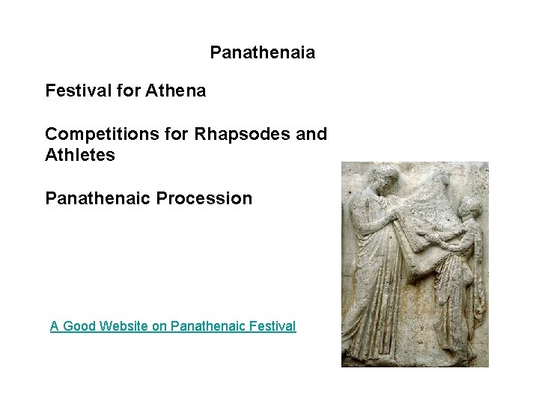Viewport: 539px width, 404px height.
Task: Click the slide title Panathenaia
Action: [262, 53]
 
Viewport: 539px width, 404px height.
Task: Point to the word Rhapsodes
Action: [242, 135]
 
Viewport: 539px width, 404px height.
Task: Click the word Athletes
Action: [80, 156]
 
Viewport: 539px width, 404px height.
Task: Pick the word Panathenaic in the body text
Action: [97, 199]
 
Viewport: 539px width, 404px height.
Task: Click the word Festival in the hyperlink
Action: [272, 326]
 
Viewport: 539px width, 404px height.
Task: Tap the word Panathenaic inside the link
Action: [207, 326]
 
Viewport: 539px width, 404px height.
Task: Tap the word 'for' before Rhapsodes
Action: [178, 135]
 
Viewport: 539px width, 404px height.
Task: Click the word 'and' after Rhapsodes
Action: [311, 135]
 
